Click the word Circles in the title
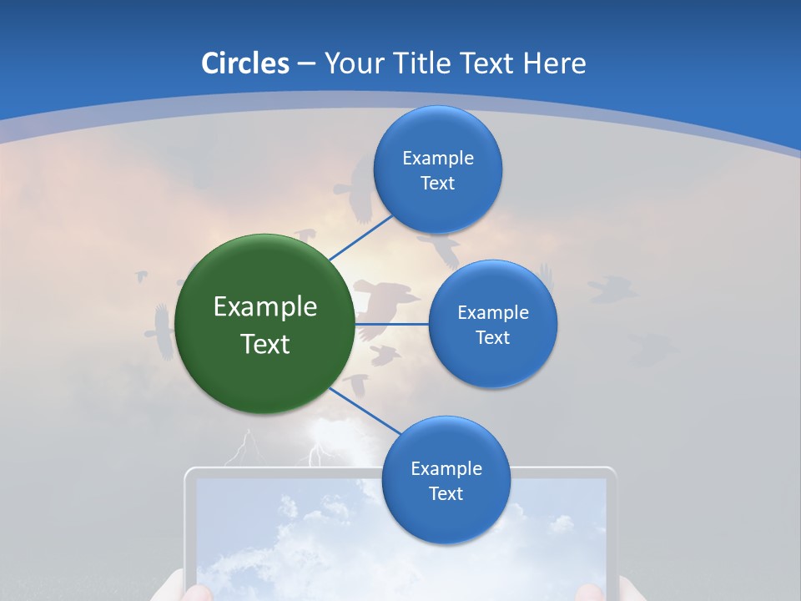(x=245, y=63)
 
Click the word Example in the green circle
(x=265, y=307)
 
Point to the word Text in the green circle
(x=265, y=344)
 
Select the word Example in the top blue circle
(x=438, y=159)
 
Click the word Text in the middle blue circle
(x=492, y=338)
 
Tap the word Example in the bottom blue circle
(x=446, y=468)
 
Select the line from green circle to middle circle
(x=392, y=324)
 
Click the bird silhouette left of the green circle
(x=160, y=331)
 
